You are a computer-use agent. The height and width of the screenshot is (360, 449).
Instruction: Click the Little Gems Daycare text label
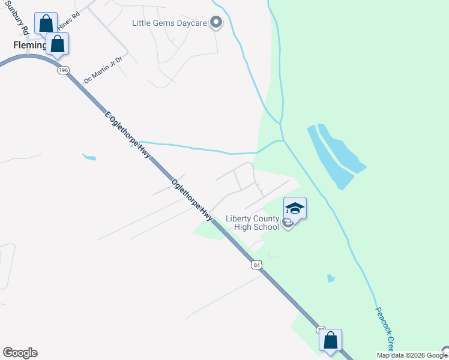tap(169, 23)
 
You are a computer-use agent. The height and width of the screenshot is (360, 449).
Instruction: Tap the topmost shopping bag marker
tap(46, 24)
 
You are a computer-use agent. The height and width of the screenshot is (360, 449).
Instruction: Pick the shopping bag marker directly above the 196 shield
tap(58, 44)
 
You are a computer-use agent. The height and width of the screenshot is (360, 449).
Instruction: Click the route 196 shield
tap(64, 70)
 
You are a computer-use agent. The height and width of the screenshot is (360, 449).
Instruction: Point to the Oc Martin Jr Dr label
tap(103, 70)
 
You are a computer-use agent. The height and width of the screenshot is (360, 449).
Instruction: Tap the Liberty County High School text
tap(253, 223)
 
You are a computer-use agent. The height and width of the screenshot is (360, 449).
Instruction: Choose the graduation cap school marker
tap(294, 208)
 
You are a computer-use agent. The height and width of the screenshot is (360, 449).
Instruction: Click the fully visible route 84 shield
tap(257, 265)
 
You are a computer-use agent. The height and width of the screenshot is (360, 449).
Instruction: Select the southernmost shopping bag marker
tap(330, 340)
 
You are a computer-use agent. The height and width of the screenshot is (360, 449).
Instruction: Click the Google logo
tap(20, 353)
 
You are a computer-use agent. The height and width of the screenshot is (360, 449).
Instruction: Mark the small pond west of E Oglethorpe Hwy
tap(89, 158)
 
